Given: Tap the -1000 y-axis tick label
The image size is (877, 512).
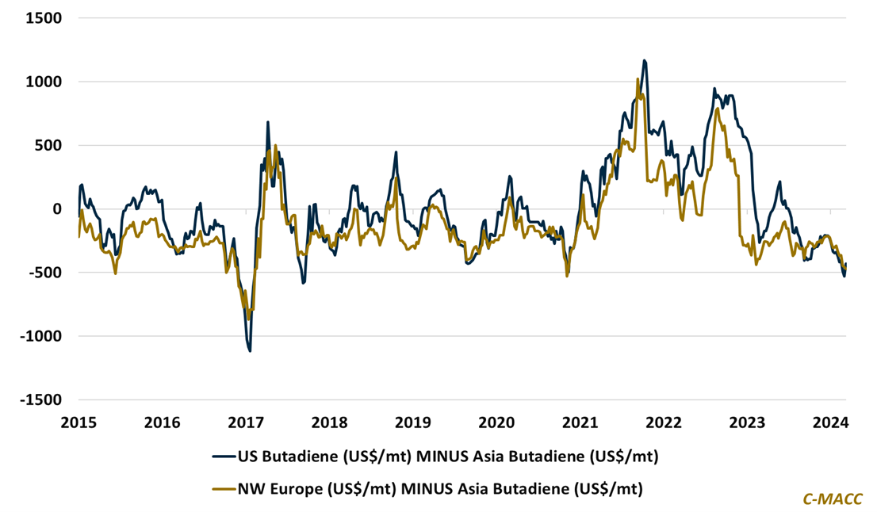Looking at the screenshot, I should point(42,336).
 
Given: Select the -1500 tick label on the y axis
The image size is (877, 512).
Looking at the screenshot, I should point(42,399).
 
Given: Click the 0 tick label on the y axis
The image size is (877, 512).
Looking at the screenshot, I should point(59,209).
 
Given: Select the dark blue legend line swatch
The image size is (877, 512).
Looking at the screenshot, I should point(224,457).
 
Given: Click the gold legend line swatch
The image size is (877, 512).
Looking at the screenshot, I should point(224,489).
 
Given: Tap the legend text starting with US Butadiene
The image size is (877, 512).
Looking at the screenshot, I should point(449,457).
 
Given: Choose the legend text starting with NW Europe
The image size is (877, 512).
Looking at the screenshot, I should point(441,489).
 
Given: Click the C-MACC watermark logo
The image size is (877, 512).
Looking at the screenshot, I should point(832,498).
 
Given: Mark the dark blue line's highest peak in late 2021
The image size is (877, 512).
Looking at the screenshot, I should point(644,60).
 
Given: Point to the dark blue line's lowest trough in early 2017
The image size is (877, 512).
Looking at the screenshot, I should point(250,350).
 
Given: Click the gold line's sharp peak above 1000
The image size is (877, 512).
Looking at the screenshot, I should point(638,78).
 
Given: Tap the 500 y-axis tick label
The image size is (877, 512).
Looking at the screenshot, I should point(49,145).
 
